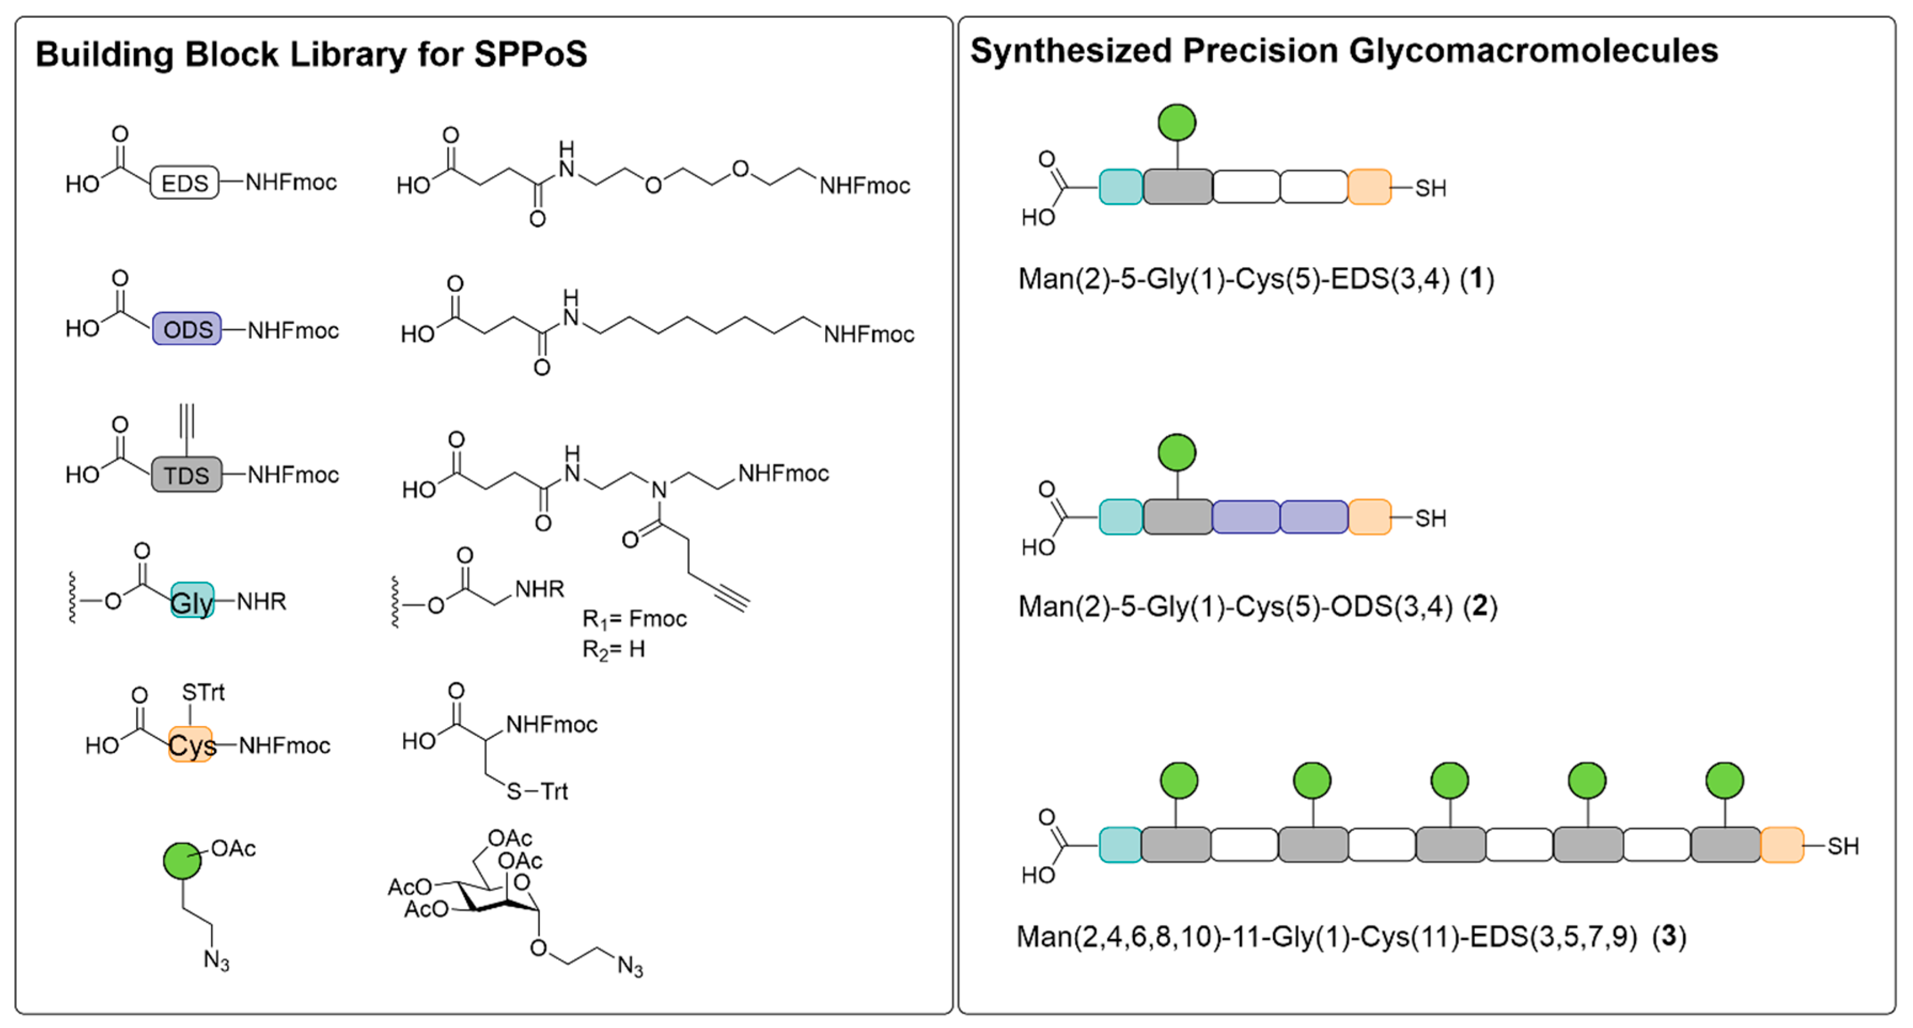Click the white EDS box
point(184,183)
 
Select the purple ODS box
point(187,329)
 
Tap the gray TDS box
point(186,474)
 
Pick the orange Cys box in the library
point(191,745)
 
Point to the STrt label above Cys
point(203,692)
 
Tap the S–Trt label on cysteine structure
point(537,791)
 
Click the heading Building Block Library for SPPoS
point(311,54)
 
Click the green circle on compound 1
point(1177,122)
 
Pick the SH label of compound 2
point(1430,518)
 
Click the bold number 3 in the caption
point(1669,936)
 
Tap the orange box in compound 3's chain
point(1782,845)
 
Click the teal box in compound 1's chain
point(1120,187)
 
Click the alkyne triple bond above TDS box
point(187,422)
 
